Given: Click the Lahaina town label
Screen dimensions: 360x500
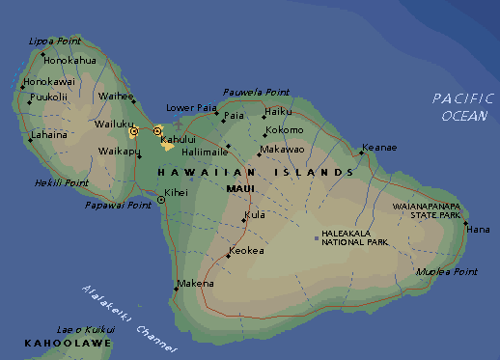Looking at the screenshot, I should (x=49, y=135).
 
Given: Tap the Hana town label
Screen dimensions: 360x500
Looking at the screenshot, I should (x=479, y=230).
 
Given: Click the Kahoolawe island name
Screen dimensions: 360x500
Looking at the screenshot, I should (x=56, y=343).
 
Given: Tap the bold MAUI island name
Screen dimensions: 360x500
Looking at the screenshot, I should (x=239, y=189).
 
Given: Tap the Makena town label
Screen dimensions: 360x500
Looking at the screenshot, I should (x=195, y=284).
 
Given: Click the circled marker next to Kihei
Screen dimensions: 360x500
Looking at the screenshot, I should (x=159, y=201).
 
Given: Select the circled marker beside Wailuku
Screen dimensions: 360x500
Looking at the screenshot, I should (x=134, y=130).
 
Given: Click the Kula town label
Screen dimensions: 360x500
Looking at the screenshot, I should (x=255, y=215).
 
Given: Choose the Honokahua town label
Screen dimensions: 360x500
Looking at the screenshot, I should (x=70, y=60).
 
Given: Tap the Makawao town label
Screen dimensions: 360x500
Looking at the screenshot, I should (x=282, y=150).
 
